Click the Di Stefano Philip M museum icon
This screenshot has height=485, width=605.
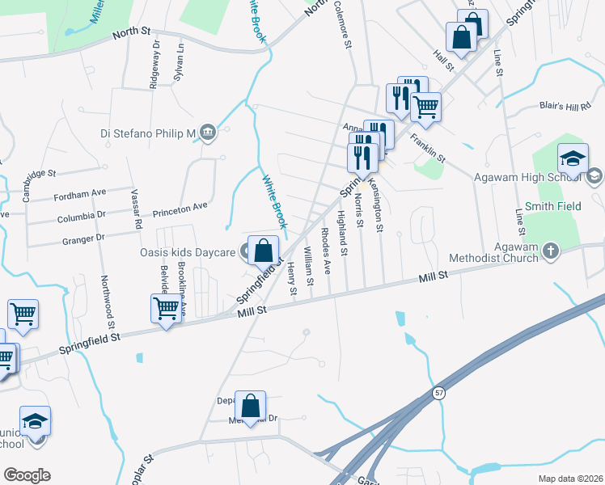(x=208, y=133)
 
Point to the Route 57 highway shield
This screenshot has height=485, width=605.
(x=438, y=391)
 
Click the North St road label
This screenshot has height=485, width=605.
(x=132, y=32)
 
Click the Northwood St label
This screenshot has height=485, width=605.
(x=105, y=296)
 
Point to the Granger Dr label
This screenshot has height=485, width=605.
(x=82, y=239)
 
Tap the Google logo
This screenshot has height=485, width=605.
(x=27, y=475)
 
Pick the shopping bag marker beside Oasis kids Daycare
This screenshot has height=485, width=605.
(x=263, y=250)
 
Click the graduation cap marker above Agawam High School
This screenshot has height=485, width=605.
(x=572, y=160)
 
